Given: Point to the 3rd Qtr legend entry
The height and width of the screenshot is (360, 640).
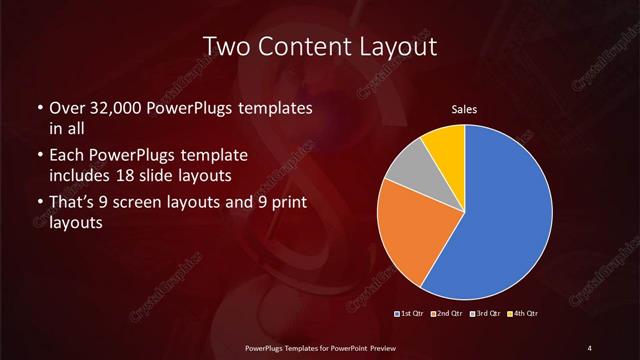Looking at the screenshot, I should pos(484,315).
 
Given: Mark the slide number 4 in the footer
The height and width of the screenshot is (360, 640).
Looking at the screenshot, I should pos(589,347).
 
